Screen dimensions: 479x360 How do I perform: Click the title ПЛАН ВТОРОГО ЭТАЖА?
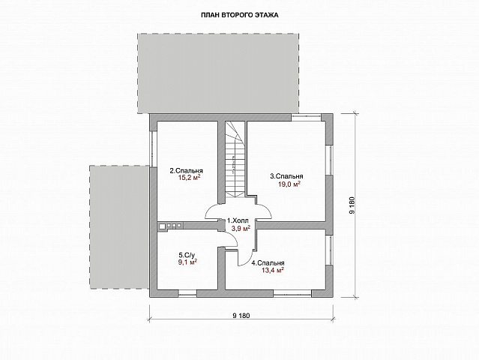(240, 15)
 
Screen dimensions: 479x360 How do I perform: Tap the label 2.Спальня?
(187, 170)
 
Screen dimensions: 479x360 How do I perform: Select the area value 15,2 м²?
(190, 178)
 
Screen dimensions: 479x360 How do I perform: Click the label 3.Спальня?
(286, 176)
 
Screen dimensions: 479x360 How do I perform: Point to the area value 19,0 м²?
(289, 184)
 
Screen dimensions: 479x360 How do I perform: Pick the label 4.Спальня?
(268, 262)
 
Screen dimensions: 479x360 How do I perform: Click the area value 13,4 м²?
(273, 270)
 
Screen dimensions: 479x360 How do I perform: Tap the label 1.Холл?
(238, 220)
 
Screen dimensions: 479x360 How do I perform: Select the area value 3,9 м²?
(241, 228)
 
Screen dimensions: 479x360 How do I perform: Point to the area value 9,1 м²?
(187, 262)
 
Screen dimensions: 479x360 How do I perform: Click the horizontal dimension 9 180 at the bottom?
(241, 316)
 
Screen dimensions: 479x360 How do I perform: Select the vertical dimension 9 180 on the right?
(352, 205)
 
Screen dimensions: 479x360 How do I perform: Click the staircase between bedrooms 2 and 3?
(235, 159)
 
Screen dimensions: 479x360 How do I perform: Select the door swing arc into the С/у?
(233, 236)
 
